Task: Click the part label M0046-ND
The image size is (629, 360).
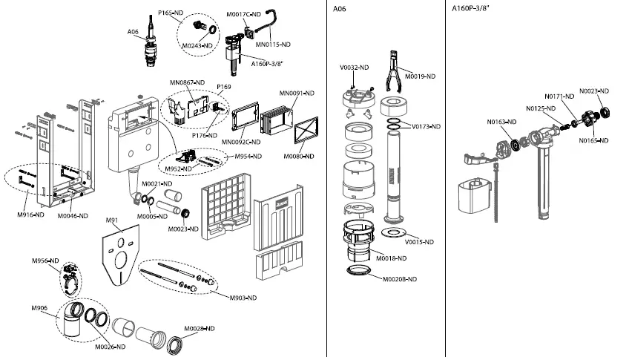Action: (73, 215)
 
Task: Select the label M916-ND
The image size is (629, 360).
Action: (30, 215)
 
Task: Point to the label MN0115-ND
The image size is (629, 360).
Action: (272, 45)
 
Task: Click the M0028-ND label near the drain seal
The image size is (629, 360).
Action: (199, 328)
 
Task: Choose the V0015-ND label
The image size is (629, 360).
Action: (419, 241)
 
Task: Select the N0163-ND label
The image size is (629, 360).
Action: (501, 122)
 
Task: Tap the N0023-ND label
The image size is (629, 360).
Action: (594, 91)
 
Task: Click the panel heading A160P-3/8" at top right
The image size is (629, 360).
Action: (476, 9)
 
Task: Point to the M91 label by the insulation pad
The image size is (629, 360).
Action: (112, 220)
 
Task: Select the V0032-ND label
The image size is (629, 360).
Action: (355, 68)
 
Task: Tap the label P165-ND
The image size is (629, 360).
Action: (170, 13)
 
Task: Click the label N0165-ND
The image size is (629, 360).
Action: (594, 140)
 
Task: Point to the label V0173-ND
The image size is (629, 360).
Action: (426, 127)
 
